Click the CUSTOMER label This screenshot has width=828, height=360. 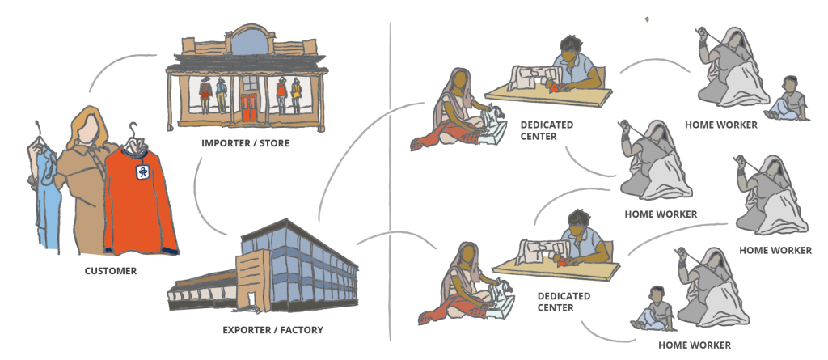coord(111,271)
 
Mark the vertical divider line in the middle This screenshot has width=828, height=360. coord(391,178)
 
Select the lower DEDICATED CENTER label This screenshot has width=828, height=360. coord(564,301)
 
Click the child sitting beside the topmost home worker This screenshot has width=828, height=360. coord(788,99)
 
